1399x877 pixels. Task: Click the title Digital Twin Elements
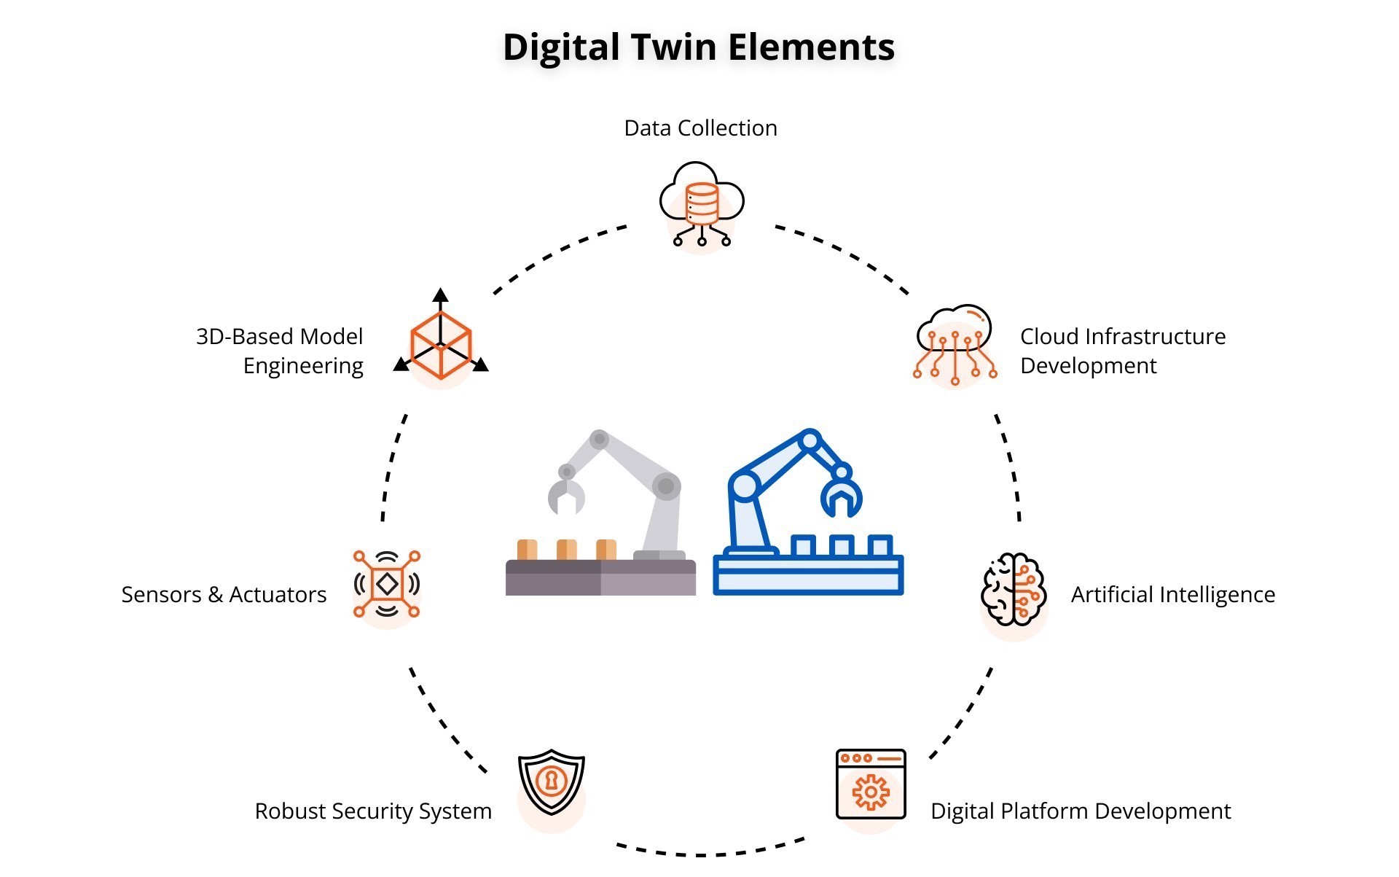tap(699, 47)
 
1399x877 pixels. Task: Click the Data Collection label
tap(700, 128)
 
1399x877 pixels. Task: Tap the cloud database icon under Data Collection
tap(701, 203)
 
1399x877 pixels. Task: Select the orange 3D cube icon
tap(441, 346)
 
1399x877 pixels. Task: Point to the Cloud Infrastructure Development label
tap(1121, 351)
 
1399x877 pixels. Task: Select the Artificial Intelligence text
tap(1172, 595)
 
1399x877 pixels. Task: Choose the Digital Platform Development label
tap(1080, 811)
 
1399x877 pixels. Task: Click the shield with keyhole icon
tap(552, 781)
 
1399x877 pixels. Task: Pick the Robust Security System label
tap(373, 811)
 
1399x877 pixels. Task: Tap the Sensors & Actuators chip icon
tap(386, 584)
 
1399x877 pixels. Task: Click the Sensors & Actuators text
tap(224, 595)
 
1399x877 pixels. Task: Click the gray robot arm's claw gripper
tap(566, 496)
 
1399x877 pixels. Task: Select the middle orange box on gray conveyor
tap(566, 550)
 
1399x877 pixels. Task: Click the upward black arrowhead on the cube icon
tap(440, 295)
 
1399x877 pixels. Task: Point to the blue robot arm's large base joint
tap(744, 485)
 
